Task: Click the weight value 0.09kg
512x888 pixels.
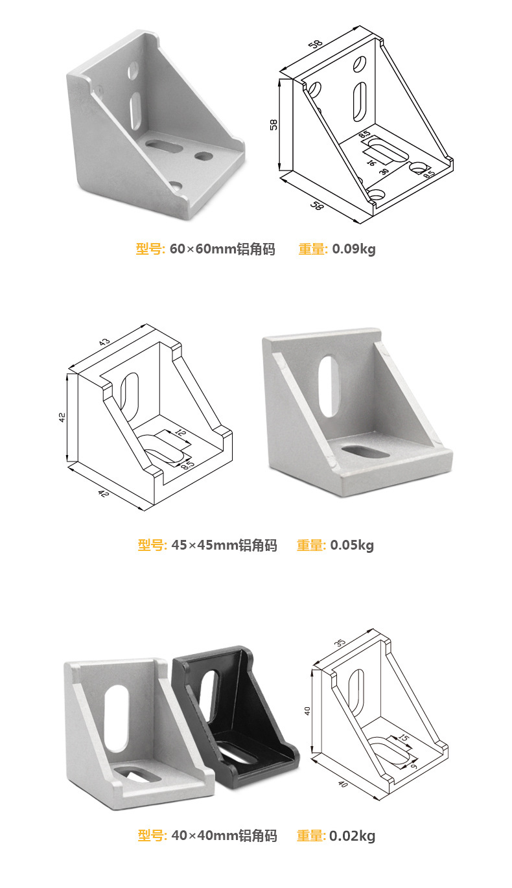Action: tap(353, 249)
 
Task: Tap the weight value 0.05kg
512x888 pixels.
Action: tap(352, 545)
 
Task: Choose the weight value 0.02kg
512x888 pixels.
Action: tap(352, 835)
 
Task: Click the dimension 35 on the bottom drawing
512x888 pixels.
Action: tap(340, 642)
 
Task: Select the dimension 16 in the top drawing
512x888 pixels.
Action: tap(371, 163)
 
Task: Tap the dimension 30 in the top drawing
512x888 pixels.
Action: tap(384, 171)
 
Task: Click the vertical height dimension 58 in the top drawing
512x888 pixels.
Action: tap(273, 124)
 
